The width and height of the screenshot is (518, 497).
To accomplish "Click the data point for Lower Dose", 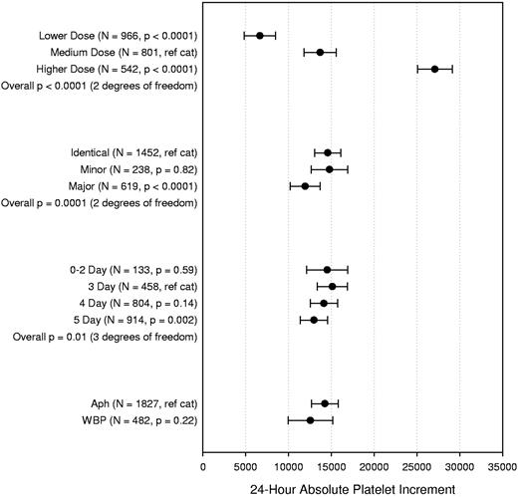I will tap(260, 35).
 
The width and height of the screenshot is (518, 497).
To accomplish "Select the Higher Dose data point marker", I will tap(434, 69).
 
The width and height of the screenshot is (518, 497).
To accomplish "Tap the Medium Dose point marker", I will tap(320, 52).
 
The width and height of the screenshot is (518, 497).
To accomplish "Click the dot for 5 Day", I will tap(314, 320).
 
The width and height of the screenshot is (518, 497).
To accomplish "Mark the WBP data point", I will tap(311, 420).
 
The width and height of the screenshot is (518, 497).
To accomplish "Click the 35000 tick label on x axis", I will tap(501, 464).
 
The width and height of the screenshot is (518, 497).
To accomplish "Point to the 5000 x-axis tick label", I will tap(246, 464).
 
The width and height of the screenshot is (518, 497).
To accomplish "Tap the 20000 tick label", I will tap(374, 464).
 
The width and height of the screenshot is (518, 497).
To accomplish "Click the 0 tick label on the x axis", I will tap(203, 464).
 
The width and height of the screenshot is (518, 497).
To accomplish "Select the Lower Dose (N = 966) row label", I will tap(115, 35).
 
